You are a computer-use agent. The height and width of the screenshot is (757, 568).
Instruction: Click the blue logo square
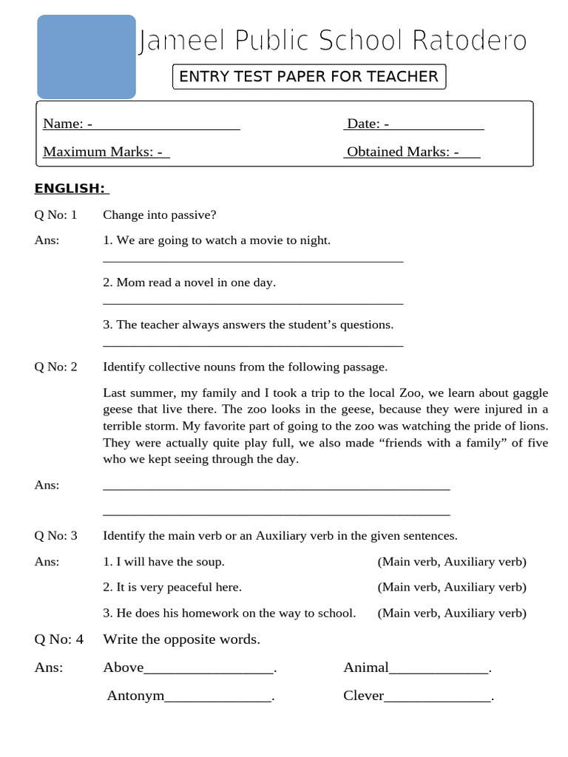point(87,57)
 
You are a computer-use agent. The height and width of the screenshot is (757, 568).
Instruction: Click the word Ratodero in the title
point(474,41)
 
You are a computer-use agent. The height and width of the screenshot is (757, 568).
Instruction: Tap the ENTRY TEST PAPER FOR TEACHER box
point(309,76)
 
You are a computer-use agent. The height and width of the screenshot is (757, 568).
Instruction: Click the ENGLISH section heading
point(71,189)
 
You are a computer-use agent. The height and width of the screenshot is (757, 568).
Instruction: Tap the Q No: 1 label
point(55,215)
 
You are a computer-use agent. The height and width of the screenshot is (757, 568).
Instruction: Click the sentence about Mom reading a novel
point(189,282)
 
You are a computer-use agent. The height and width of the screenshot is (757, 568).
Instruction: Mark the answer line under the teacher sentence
point(253,345)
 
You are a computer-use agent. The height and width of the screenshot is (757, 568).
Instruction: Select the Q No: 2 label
point(55,367)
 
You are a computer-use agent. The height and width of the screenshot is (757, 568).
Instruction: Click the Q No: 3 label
point(55,535)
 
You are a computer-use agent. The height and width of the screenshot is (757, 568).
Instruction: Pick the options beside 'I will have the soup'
point(452,562)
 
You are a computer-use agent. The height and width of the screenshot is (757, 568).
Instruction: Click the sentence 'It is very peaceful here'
point(172,587)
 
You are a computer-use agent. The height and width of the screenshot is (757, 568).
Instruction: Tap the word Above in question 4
point(123,668)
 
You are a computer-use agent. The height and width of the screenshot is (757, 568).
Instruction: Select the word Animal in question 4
point(365,668)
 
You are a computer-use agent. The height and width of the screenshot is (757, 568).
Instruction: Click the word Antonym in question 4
point(135,696)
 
